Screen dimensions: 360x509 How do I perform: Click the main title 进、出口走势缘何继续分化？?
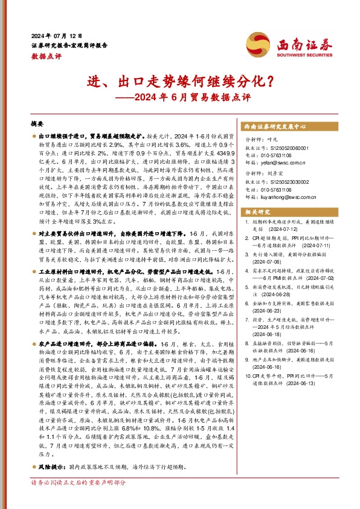pos(179,80)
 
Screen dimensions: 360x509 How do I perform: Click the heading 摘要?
pos(37,122)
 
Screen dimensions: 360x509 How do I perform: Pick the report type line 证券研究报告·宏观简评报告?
pos(69,45)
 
